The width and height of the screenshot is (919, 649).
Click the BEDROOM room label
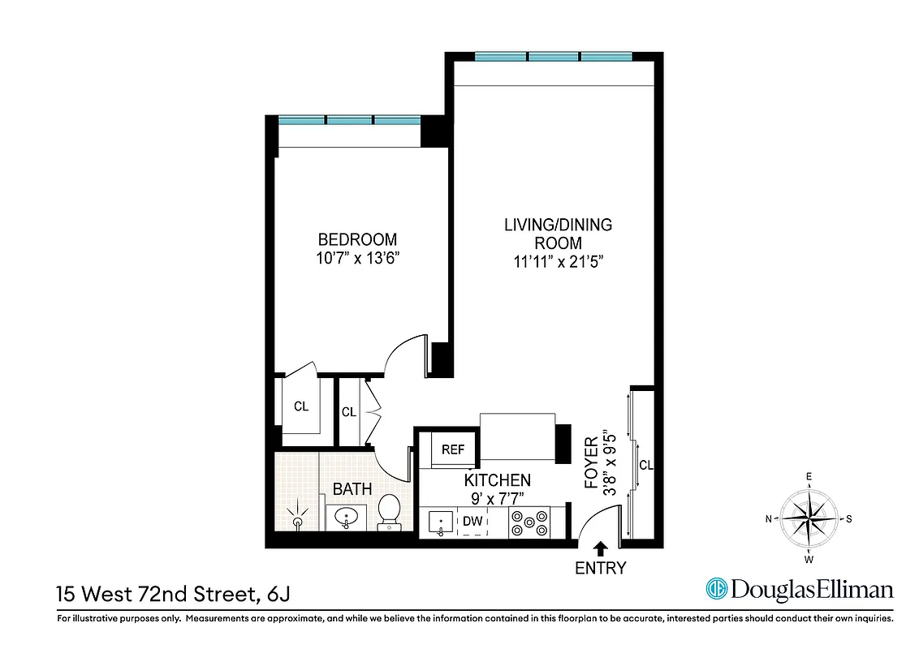[357, 239]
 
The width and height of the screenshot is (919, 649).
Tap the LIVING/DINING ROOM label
[558, 234]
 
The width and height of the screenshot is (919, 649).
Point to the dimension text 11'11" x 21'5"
[558, 261]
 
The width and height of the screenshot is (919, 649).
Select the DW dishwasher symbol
[472, 522]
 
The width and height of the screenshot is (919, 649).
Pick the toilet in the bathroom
[390, 514]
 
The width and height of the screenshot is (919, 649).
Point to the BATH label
[352, 489]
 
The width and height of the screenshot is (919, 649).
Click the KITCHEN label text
[497, 480]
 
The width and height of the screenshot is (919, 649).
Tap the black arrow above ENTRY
[601, 548]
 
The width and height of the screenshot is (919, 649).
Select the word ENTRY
[601, 568]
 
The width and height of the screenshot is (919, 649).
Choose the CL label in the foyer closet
[646, 466]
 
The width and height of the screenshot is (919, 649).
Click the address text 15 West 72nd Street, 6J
[173, 595]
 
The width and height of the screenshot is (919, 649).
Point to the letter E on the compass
[809, 477]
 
